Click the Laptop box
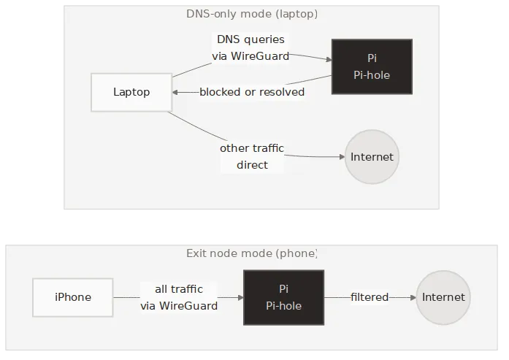(131, 92)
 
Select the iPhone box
(73, 297)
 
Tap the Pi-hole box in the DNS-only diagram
(372, 66)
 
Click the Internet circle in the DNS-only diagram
(372, 157)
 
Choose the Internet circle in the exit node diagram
(443, 297)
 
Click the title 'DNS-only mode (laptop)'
(252, 14)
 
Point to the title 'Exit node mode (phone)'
(252, 253)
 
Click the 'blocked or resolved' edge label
(252, 92)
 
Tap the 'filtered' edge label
(370, 297)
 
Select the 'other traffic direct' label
(252, 157)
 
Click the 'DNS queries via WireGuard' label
(250, 47)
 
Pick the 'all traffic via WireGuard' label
(179, 297)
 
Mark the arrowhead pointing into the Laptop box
(176, 92)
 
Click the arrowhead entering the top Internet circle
(341, 157)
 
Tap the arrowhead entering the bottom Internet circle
(413, 297)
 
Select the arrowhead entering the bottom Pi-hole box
(240, 297)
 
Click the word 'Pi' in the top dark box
(372, 58)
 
